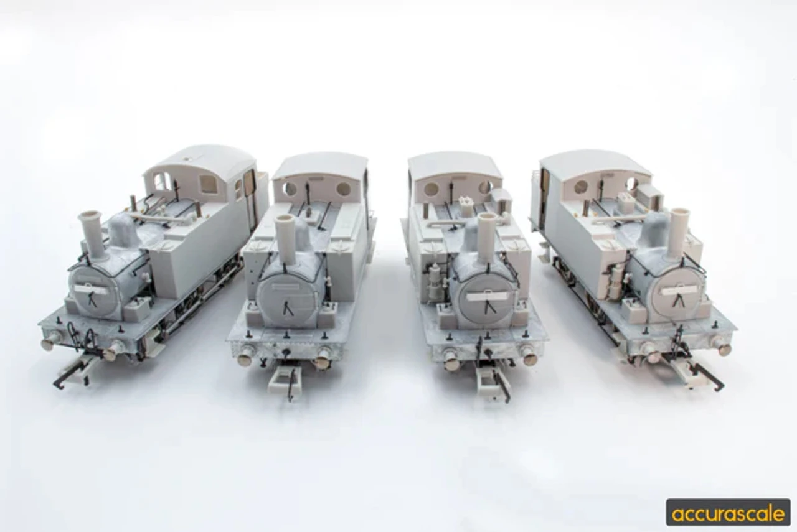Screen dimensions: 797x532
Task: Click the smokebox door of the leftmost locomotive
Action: pos(93,292)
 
